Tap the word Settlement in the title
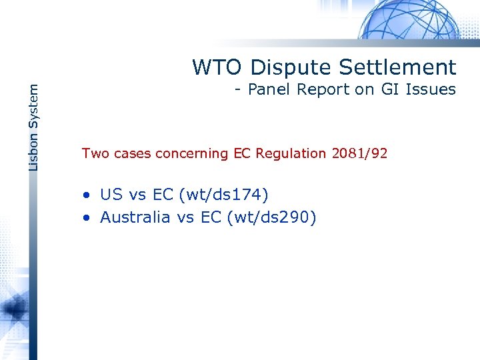tap(397, 67)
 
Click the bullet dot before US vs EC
tap(87, 195)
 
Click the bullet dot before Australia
tap(87, 218)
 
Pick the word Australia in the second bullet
tap(135, 217)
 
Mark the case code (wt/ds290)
tap(271, 217)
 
